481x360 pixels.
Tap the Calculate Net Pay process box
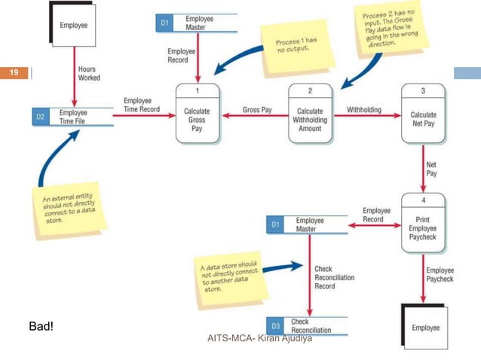(x=423, y=114)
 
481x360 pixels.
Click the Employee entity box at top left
(x=73, y=25)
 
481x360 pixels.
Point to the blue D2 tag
(x=41, y=117)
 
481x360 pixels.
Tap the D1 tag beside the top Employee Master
(x=165, y=23)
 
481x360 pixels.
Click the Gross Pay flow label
(x=257, y=110)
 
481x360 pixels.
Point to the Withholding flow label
(x=364, y=110)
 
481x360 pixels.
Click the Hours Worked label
(x=89, y=73)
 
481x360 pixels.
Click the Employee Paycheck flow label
(x=440, y=274)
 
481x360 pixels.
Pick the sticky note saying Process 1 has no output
(x=287, y=47)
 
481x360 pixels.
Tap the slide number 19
(x=14, y=73)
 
